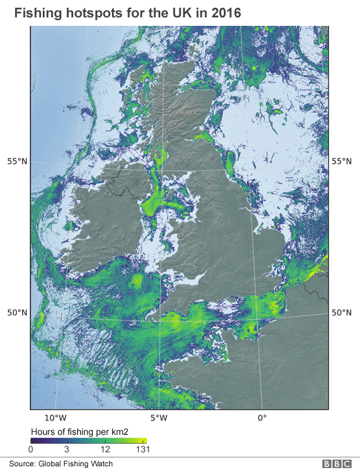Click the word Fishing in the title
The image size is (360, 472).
click(37, 12)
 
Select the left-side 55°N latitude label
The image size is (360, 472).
click(17, 161)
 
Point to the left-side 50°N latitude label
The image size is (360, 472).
click(17, 313)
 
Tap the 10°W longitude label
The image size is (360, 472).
click(56, 418)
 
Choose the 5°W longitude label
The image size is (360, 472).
click(159, 418)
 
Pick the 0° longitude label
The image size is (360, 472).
click(262, 418)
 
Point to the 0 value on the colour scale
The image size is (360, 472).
click(31, 450)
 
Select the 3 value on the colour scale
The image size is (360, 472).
click(66, 450)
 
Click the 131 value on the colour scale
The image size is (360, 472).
click(142, 450)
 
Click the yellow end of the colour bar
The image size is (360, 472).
click(145, 441)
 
